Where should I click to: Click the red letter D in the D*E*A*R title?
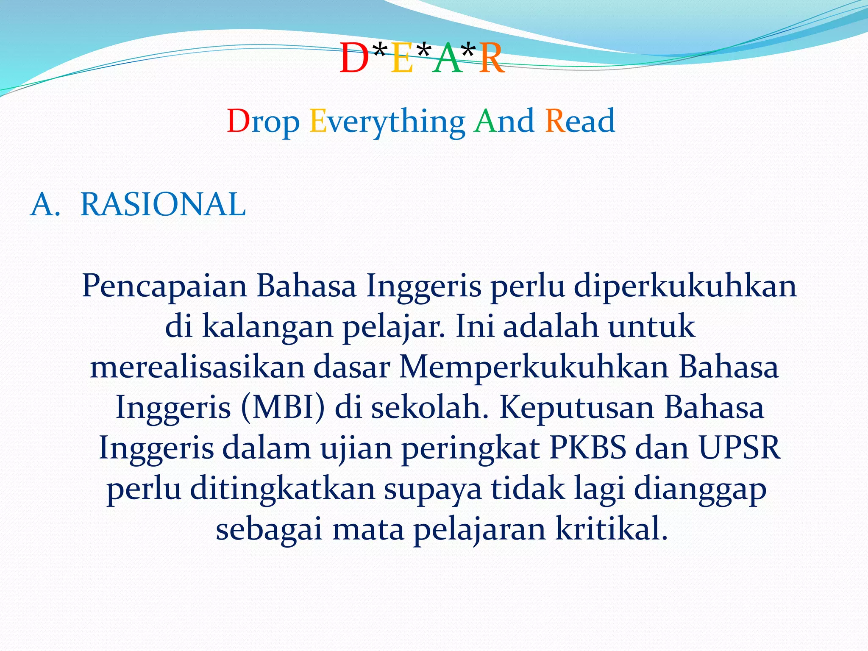(x=354, y=59)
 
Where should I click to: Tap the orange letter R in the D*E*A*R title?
(x=492, y=59)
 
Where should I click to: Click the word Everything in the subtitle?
(x=387, y=122)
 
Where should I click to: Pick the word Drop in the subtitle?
(x=263, y=122)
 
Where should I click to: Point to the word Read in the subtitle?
(x=580, y=122)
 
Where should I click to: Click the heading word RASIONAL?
(x=163, y=205)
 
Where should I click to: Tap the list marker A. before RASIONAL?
(x=45, y=205)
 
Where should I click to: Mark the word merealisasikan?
(x=197, y=367)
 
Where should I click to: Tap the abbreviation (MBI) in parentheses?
(x=283, y=407)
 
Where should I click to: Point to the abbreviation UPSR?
(x=740, y=448)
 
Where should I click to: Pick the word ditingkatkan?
(x=283, y=489)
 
